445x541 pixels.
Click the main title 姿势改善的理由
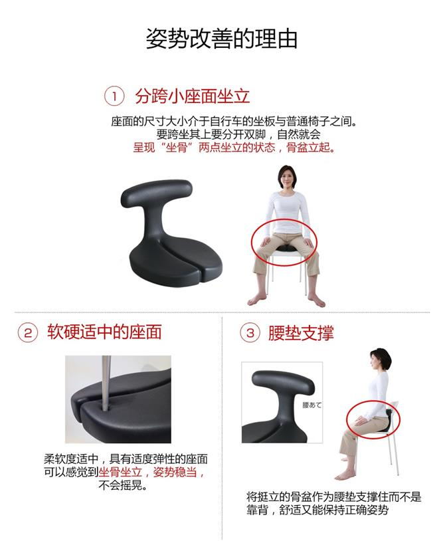221,39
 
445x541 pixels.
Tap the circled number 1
114,96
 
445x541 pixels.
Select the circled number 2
28,333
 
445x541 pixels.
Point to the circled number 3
250,333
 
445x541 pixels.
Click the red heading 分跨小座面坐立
193,96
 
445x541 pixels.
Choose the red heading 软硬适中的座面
105,332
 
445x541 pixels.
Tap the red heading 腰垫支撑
301,333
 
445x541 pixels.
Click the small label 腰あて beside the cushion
312,405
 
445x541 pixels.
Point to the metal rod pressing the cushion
106,382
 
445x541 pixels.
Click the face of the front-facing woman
287,179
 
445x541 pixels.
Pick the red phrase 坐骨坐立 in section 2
120,472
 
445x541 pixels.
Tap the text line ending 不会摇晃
123,485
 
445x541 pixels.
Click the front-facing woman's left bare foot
316,300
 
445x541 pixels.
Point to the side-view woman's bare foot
345,476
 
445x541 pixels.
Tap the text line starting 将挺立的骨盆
333,497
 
